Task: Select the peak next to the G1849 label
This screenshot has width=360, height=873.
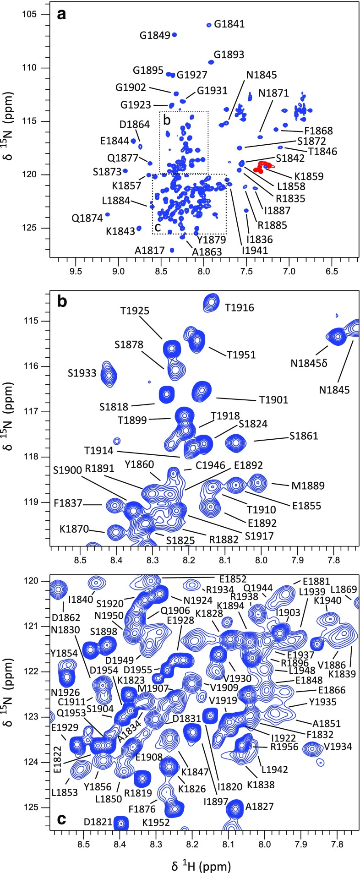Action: click(174, 35)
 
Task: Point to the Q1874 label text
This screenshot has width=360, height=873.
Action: click(87, 218)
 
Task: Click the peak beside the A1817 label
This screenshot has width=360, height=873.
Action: click(172, 250)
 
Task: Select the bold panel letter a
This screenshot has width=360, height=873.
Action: click(62, 15)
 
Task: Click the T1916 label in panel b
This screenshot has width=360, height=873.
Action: click(239, 308)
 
